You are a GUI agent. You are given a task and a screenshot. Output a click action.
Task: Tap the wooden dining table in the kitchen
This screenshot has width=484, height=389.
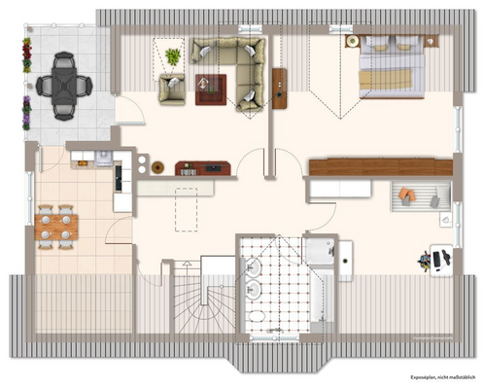tap(55, 226)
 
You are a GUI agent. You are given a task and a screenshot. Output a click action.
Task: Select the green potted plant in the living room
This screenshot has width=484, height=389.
tap(173, 55)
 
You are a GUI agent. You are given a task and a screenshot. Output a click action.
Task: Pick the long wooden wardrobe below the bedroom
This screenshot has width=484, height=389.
tap(380, 166)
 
